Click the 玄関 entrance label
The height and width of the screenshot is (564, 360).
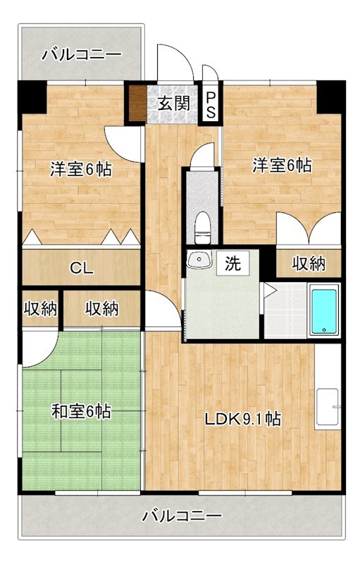tap(173, 104)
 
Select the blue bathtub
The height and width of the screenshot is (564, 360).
tap(325, 311)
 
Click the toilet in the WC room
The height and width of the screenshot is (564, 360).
tap(203, 224)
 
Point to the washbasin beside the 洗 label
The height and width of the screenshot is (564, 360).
tap(199, 260)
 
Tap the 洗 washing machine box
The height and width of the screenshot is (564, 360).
tap(232, 264)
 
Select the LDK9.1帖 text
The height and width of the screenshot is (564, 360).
tap(243, 419)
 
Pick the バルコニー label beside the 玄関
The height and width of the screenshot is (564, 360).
tap(81, 54)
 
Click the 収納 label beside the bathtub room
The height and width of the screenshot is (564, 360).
tap(309, 264)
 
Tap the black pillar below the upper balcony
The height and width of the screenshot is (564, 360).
tap(32, 96)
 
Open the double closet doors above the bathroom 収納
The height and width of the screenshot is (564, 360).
tap(308, 230)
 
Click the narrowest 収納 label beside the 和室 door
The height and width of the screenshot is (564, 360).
tap(40, 308)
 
